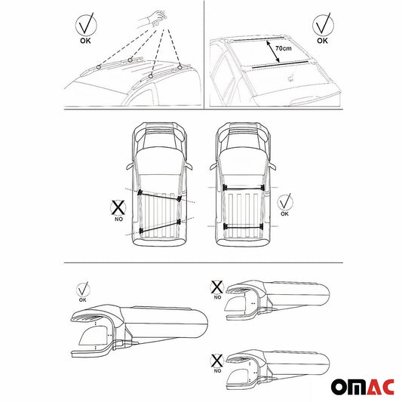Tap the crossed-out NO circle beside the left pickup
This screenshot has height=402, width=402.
click(x=117, y=207)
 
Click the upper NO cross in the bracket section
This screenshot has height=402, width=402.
click(x=216, y=287)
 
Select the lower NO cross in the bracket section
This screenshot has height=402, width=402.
click(x=216, y=339)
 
